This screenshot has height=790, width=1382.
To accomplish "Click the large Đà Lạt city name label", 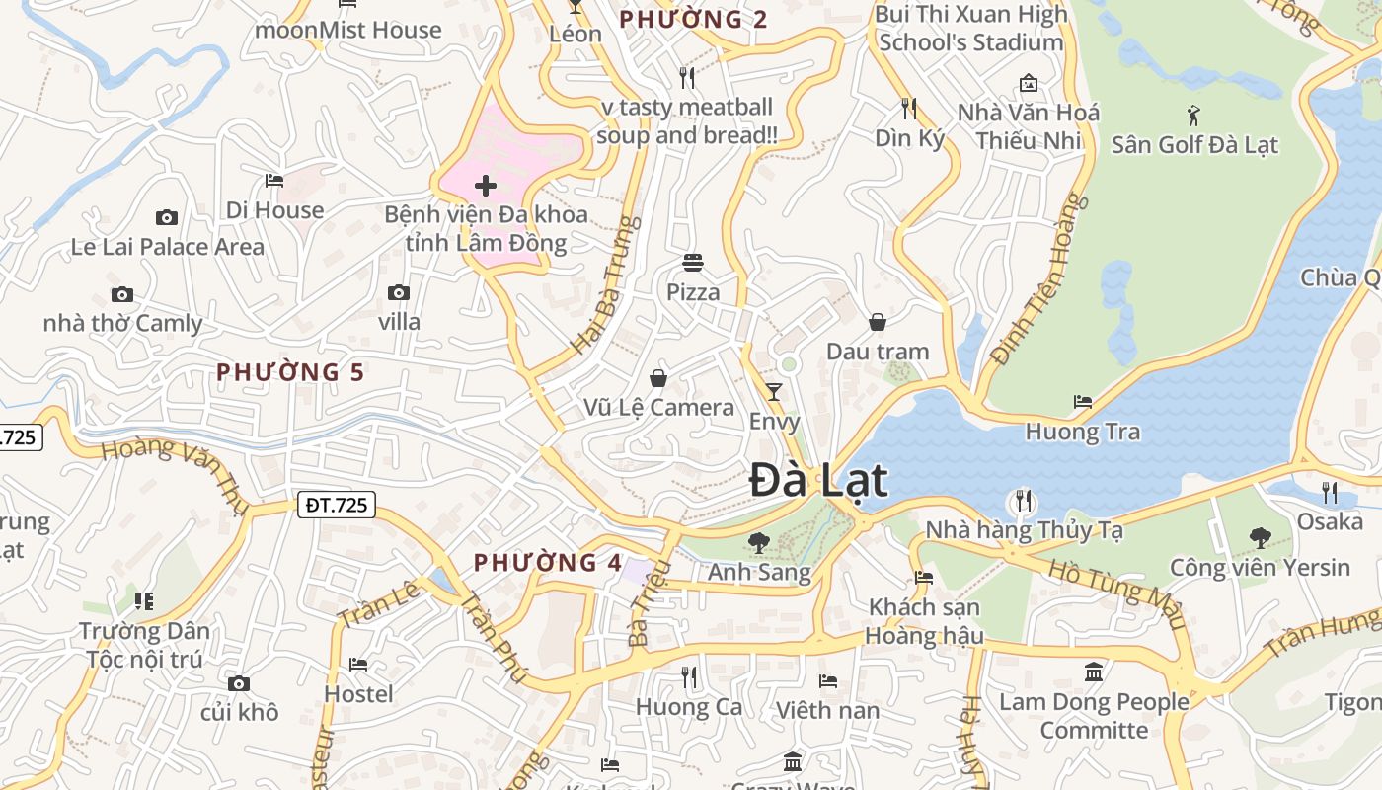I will point(818,481).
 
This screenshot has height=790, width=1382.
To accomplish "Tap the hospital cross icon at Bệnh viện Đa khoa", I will point(485,186).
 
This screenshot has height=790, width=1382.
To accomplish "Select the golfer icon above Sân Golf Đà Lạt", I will point(1193,116).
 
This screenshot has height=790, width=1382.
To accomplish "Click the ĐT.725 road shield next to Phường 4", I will point(337,506).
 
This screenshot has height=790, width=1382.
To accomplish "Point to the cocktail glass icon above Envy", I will point(774,392).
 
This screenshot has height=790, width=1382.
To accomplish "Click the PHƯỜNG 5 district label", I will point(290,372).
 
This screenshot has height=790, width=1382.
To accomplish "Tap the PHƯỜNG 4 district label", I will point(548,563).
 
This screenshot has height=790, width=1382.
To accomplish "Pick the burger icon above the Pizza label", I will point(693,263).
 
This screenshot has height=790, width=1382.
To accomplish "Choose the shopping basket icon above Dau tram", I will point(877,322).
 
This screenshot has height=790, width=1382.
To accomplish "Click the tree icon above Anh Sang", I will point(758,542).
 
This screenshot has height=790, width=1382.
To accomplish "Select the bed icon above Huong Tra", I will point(1083,402).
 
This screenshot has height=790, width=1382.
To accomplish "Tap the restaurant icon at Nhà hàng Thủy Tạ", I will point(1023,501).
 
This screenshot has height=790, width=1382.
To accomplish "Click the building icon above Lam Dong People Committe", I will point(1094,672).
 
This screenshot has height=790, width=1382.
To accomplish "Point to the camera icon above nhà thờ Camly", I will point(122,294).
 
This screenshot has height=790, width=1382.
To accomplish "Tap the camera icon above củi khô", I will point(238,683).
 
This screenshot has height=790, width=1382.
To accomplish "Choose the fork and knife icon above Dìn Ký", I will point(909,109).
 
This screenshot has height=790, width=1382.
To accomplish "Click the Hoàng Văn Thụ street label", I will point(176,468).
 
